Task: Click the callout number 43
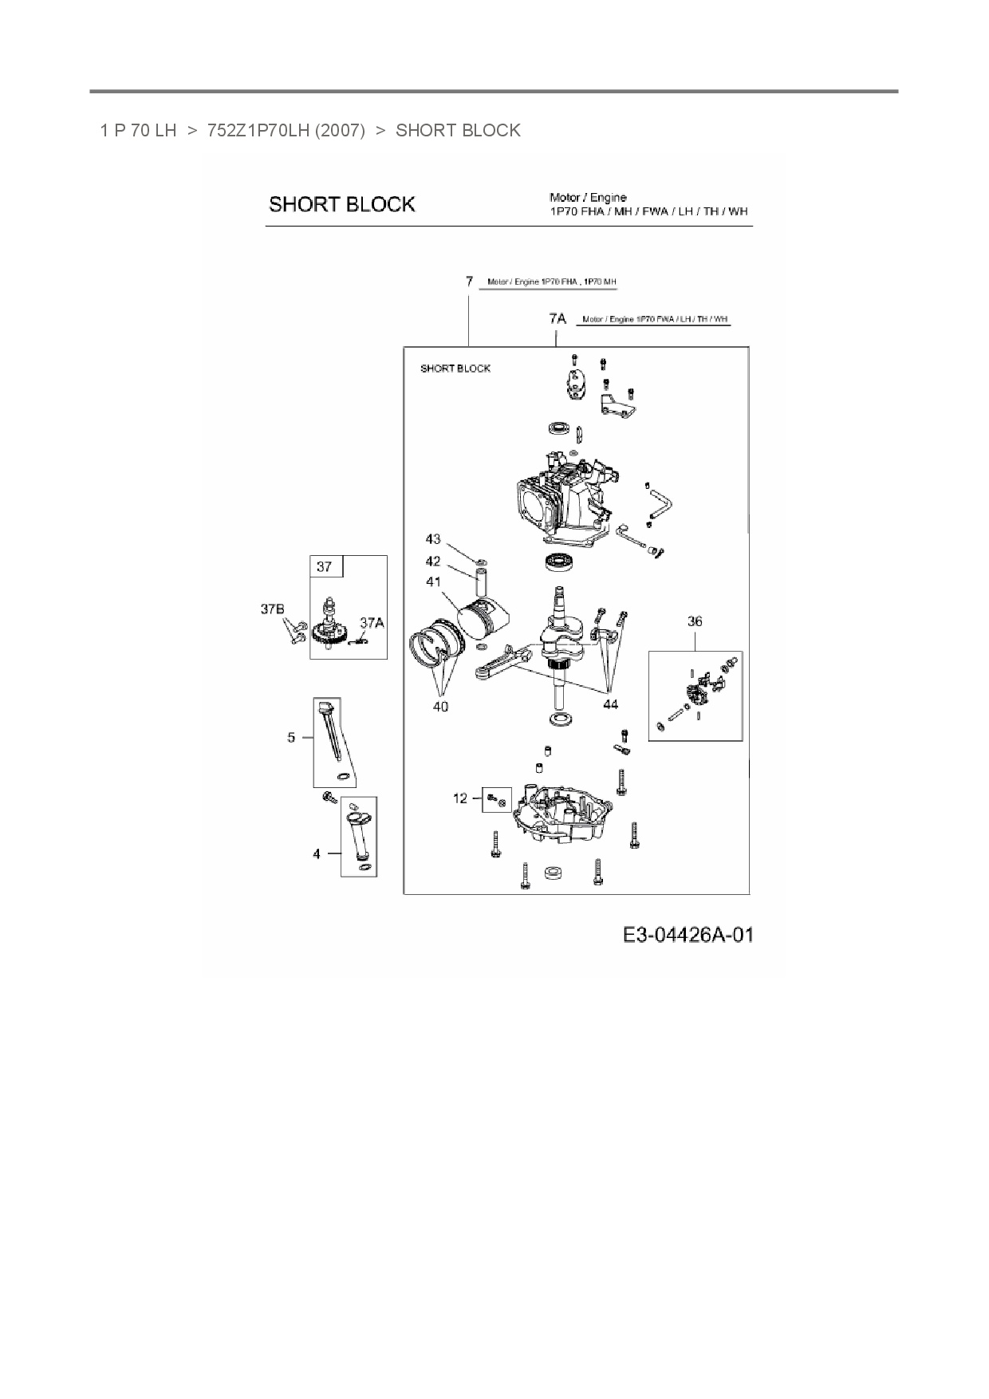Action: click(x=433, y=540)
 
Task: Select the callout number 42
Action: click(x=433, y=562)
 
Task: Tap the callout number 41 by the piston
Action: click(x=433, y=582)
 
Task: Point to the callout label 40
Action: click(x=440, y=706)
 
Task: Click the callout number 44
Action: click(x=610, y=704)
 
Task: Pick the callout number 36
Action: click(x=695, y=621)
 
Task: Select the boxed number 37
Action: click(x=324, y=567)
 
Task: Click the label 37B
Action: click(x=273, y=609)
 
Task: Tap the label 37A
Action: click(x=372, y=623)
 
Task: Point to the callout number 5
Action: click(x=291, y=737)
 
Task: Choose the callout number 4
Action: click(x=317, y=853)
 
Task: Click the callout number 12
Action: click(x=460, y=798)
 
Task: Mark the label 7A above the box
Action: click(x=558, y=319)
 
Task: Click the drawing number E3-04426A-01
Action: click(x=688, y=935)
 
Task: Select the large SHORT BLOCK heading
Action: click(x=341, y=204)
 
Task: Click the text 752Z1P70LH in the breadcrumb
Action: click(x=258, y=130)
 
